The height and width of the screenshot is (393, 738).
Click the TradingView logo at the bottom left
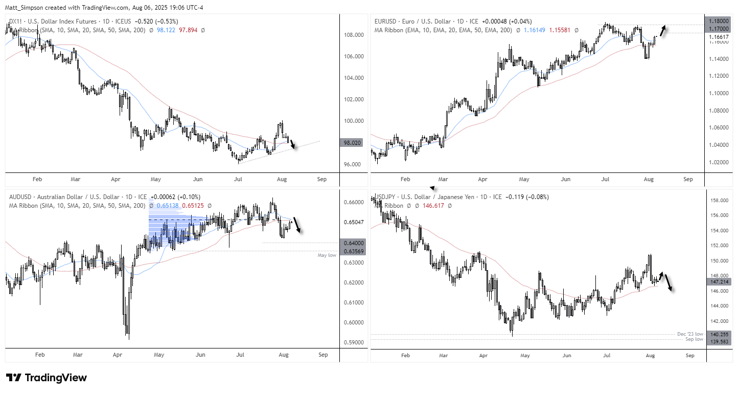[47, 378]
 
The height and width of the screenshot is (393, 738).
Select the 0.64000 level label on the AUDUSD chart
[327, 243]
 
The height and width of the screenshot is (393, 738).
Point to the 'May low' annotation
[327, 255]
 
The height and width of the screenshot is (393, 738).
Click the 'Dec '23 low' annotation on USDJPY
[690, 334]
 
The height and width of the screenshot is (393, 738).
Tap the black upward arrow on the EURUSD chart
[663, 30]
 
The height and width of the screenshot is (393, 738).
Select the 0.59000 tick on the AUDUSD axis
[327, 342]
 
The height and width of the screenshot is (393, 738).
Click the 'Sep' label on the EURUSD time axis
[688, 180]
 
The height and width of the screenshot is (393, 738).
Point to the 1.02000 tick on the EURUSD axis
[719, 162]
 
